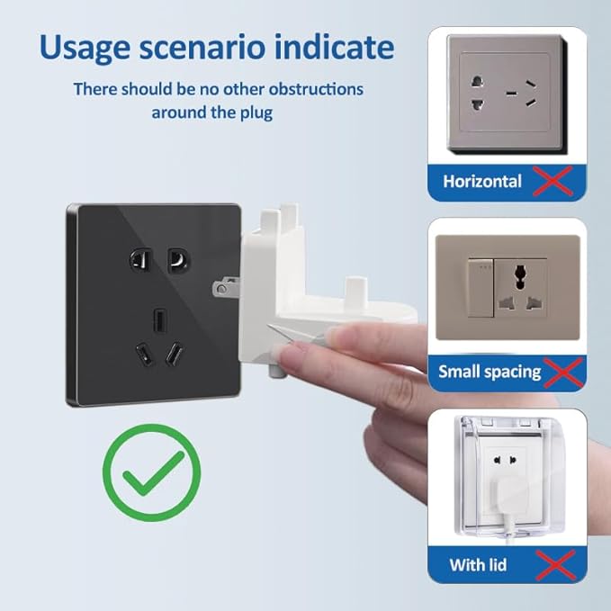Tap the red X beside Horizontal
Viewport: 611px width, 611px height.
pos(553,181)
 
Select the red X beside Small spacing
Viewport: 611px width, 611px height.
pos(563,373)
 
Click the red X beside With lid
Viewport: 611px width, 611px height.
pos(556,565)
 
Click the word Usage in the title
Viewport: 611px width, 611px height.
pos(85,48)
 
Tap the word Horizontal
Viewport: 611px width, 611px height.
pos(482,182)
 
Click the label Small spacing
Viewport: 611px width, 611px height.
pos(490,373)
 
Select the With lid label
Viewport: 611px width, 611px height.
pos(478,565)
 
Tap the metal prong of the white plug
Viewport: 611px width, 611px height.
pos(226,288)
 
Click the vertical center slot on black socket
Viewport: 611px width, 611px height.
pos(158,320)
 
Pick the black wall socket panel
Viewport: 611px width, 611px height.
pos(153,305)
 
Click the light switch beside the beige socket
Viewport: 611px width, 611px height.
pos(481,287)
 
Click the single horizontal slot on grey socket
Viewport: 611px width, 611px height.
pos(511,93)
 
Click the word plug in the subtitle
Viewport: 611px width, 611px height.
pos(256,113)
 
